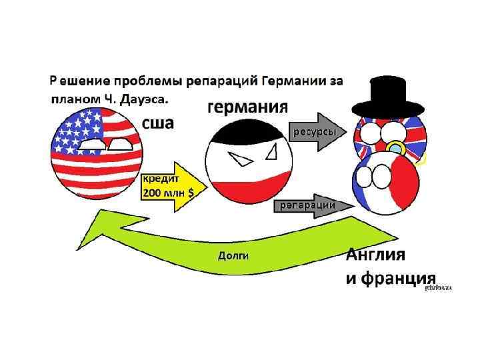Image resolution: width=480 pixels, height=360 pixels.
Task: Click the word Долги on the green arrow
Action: [x=233, y=255]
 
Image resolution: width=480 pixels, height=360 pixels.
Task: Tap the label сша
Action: [x=158, y=123]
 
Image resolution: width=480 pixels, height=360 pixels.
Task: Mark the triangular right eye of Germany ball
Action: [x=271, y=153]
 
